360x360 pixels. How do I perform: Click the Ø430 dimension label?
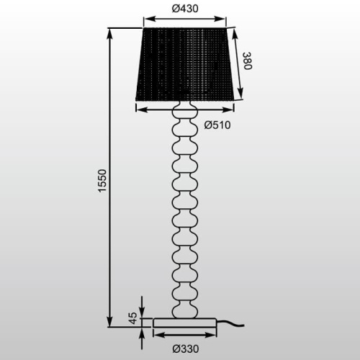pos(186,9)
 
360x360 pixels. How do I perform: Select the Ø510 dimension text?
pos(217,125)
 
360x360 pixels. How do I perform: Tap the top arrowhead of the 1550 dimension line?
pos(109,32)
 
